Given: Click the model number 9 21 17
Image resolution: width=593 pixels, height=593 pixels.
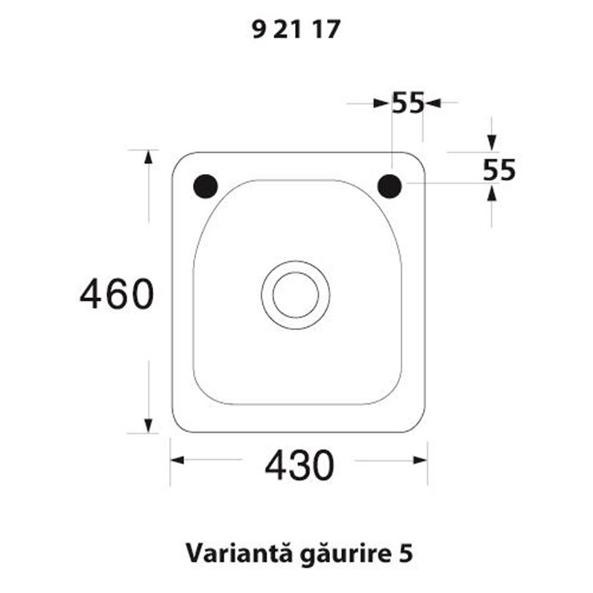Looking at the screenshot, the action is pyautogui.click(x=296, y=30).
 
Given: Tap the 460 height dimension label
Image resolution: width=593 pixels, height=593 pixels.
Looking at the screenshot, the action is pyautogui.click(x=117, y=294).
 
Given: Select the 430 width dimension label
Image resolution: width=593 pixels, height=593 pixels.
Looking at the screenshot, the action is pyautogui.click(x=300, y=465).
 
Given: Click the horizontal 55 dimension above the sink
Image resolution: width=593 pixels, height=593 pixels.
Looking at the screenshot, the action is pyautogui.click(x=408, y=103).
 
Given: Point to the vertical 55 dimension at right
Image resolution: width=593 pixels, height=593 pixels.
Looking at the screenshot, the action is pyautogui.click(x=499, y=170).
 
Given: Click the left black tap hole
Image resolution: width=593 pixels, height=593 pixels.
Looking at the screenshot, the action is pyautogui.click(x=205, y=186).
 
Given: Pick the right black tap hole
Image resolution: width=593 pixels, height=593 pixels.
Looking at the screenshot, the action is pyautogui.click(x=389, y=186).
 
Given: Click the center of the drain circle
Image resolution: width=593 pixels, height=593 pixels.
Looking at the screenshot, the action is pyautogui.click(x=296, y=295).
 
